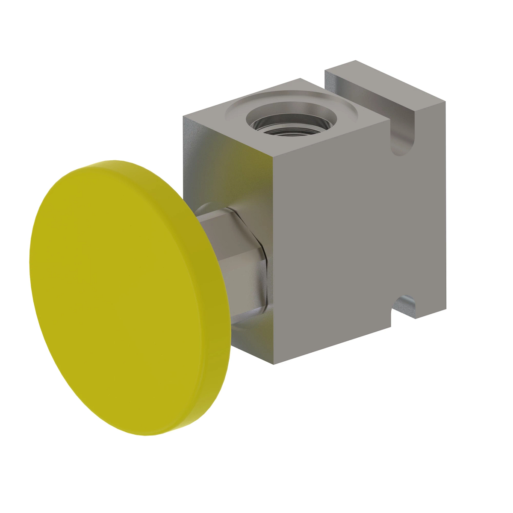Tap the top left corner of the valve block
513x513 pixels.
tap(184, 116)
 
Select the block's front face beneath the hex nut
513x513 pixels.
tap(252, 338)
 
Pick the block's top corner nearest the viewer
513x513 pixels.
tap(273, 155)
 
